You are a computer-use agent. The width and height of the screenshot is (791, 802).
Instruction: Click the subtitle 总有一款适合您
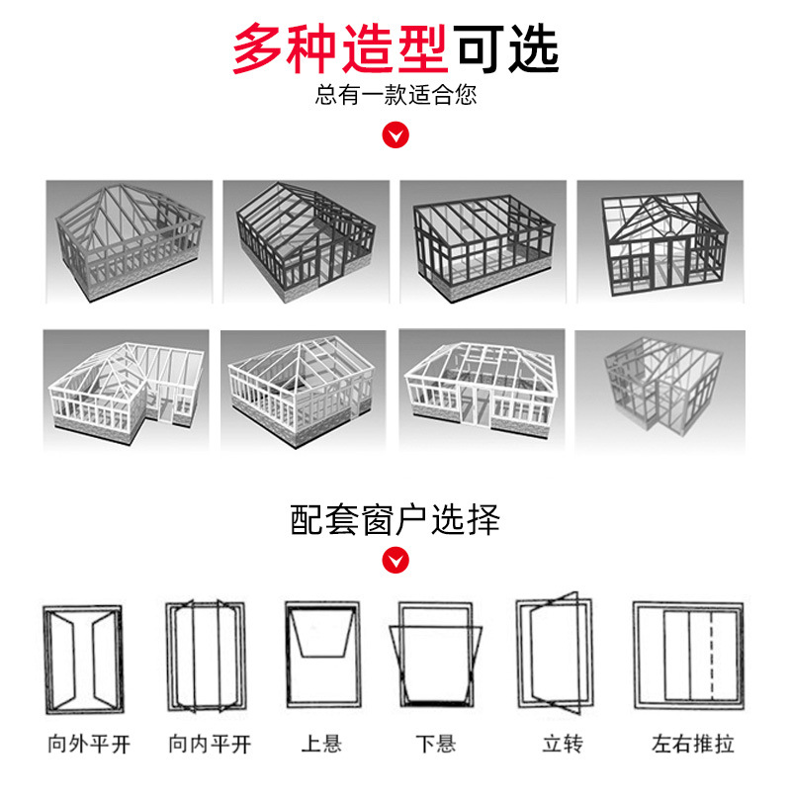click(x=395, y=97)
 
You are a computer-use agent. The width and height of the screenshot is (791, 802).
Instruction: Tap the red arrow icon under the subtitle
click(x=395, y=134)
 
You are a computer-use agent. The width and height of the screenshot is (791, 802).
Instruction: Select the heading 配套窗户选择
click(x=395, y=518)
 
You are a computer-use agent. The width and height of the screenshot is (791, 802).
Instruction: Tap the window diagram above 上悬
click(x=321, y=656)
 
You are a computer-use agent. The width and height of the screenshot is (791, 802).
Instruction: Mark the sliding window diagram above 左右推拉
click(x=688, y=656)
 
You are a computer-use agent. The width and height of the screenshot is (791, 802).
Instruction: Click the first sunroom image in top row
click(x=130, y=240)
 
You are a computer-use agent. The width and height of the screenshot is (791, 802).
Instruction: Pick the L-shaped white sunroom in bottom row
click(x=130, y=389)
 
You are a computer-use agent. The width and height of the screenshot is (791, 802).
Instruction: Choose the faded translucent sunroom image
click(x=659, y=389)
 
